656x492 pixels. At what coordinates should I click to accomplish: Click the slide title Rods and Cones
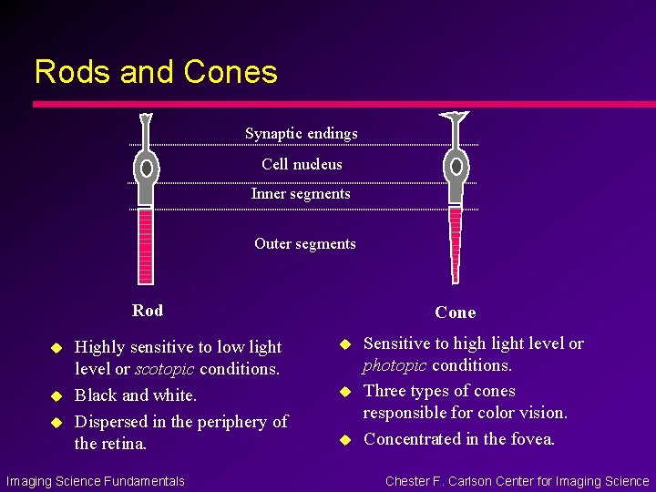[156, 71]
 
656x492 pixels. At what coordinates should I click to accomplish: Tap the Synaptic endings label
[301, 134]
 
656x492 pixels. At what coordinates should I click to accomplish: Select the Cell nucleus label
[302, 164]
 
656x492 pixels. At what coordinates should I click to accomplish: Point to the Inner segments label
[301, 193]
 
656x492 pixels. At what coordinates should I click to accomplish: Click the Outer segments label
[304, 243]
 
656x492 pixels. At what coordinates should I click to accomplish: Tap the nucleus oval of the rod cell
[146, 168]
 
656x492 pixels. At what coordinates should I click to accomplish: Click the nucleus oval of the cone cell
[456, 167]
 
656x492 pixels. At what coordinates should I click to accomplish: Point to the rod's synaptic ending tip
[146, 118]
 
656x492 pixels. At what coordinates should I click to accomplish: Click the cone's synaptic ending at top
[455, 118]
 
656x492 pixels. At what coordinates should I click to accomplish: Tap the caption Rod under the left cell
[148, 311]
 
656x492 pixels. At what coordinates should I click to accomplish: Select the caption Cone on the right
[455, 313]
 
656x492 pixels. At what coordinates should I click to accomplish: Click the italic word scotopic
[167, 369]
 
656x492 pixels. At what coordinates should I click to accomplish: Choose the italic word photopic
[395, 365]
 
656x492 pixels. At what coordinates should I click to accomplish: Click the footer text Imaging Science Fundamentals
[95, 481]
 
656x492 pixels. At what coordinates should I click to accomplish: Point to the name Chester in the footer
[410, 481]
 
